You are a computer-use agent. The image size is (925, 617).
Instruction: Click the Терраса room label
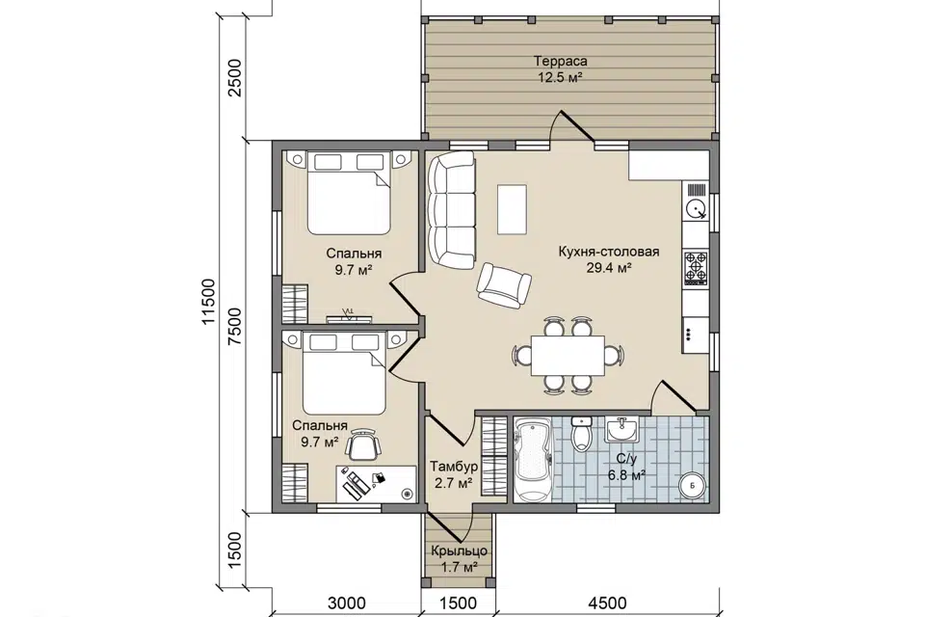[x=561, y=61]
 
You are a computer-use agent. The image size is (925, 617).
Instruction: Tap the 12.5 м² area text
[x=560, y=77]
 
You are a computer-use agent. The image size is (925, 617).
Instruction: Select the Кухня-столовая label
[x=609, y=253]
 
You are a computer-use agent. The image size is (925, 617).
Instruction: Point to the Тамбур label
[x=454, y=467]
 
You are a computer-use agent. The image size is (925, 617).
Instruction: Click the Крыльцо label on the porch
[x=459, y=550]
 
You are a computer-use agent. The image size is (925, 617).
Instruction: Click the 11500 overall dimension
[x=209, y=302]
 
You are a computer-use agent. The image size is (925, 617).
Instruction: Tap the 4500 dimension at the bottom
[x=607, y=603]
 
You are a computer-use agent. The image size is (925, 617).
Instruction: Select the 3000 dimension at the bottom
[x=346, y=603]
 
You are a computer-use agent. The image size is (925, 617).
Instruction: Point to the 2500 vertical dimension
[x=235, y=78]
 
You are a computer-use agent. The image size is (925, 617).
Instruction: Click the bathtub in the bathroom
[x=532, y=459]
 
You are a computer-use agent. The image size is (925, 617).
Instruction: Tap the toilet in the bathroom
[x=582, y=432]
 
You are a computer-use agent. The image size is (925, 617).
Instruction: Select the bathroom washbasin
[x=621, y=429]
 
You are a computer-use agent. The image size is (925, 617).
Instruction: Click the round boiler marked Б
[x=693, y=486]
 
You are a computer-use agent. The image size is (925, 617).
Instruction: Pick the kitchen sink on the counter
[x=696, y=208]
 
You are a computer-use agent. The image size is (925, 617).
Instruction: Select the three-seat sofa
[x=451, y=209]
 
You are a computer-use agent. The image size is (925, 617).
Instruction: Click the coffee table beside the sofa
[x=512, y=209]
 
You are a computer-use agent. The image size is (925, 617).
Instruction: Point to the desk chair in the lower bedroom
[x=363, y=444]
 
